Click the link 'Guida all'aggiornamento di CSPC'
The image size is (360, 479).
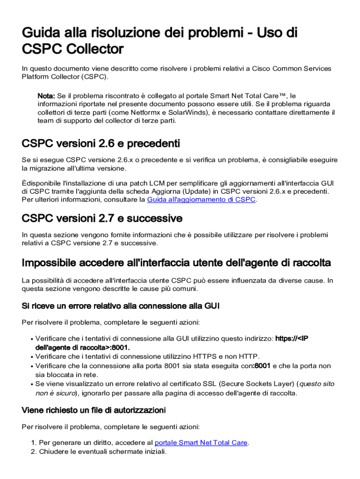(201, 200)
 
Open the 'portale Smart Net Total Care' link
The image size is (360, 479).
(201, 443)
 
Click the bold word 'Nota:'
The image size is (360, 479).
(46, 95)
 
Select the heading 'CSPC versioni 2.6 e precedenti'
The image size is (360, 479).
(101, 143)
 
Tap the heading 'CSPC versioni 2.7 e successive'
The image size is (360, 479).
(102, 218)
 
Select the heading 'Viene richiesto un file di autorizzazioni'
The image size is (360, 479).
(94, 410)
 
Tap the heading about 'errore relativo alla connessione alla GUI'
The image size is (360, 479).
(121, 306)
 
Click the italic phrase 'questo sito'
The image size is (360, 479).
(317, 384)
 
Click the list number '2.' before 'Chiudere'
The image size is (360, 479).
(34, 452)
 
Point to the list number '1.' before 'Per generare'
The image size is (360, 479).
(34, 443)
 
